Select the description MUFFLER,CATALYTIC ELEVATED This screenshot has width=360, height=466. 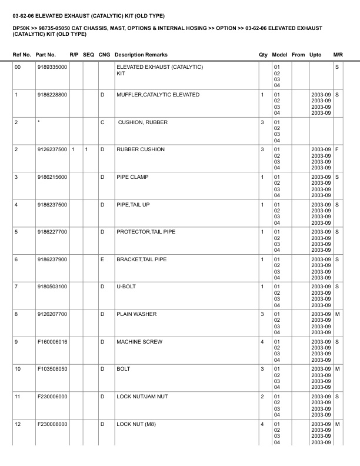point(158,95)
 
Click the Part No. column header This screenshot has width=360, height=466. point(46,55)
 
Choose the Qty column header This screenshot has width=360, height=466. point(263,55)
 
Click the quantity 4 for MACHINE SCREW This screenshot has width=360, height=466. point(262,342)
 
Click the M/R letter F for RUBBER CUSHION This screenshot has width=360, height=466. point(337,149)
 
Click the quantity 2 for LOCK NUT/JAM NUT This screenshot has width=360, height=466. point(262,397)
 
